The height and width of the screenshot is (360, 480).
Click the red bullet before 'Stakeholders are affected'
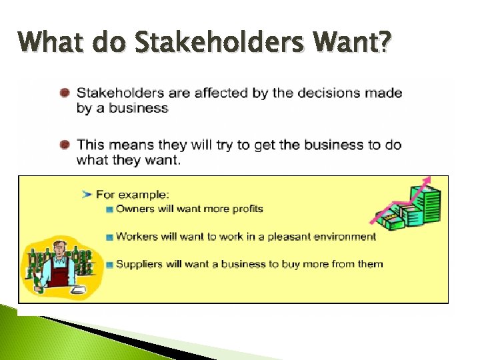[x=65, y=93]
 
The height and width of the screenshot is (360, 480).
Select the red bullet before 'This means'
[x=65, y=144]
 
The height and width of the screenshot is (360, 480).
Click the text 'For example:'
[x=133, y=195]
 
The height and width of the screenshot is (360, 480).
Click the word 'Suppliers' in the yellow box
[x=139, y=264]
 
